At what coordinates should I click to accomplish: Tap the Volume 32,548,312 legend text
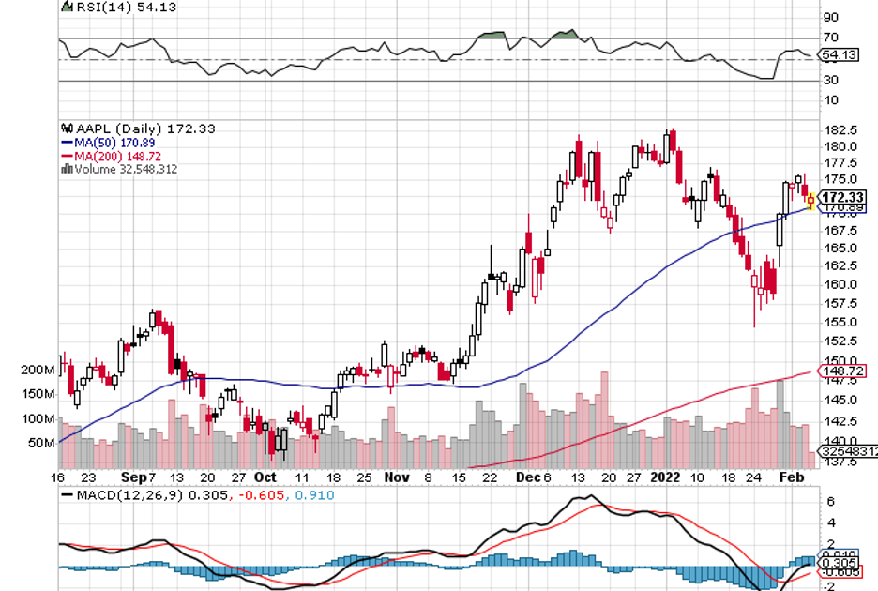pyautogui.click(x=123, y=169)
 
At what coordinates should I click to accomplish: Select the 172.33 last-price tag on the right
pyautogui.click(x=841, y=197)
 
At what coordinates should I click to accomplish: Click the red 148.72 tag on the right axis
pyautogui.click(x=841, y=371)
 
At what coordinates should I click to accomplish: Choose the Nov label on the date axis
pyautogui.click(x=397, y=477)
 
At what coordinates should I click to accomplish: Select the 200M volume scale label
pyautogui.click(x=38, y=371)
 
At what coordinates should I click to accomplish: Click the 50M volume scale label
pyautogui.click(x=41, y=442)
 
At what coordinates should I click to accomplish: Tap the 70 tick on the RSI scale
pyautogui.click(x=829, y=38)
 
